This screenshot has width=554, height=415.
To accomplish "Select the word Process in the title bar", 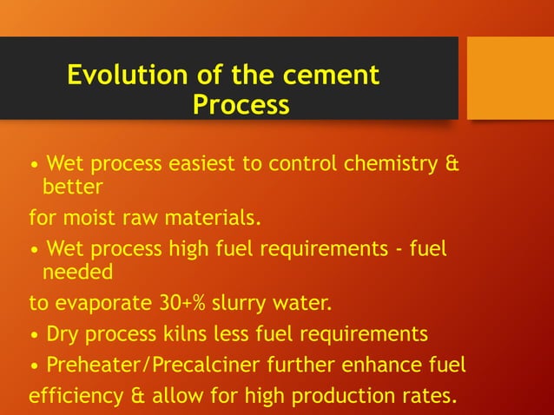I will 241,105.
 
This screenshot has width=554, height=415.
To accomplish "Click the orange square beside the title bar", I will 510,77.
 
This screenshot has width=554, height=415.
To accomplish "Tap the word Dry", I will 63,333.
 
